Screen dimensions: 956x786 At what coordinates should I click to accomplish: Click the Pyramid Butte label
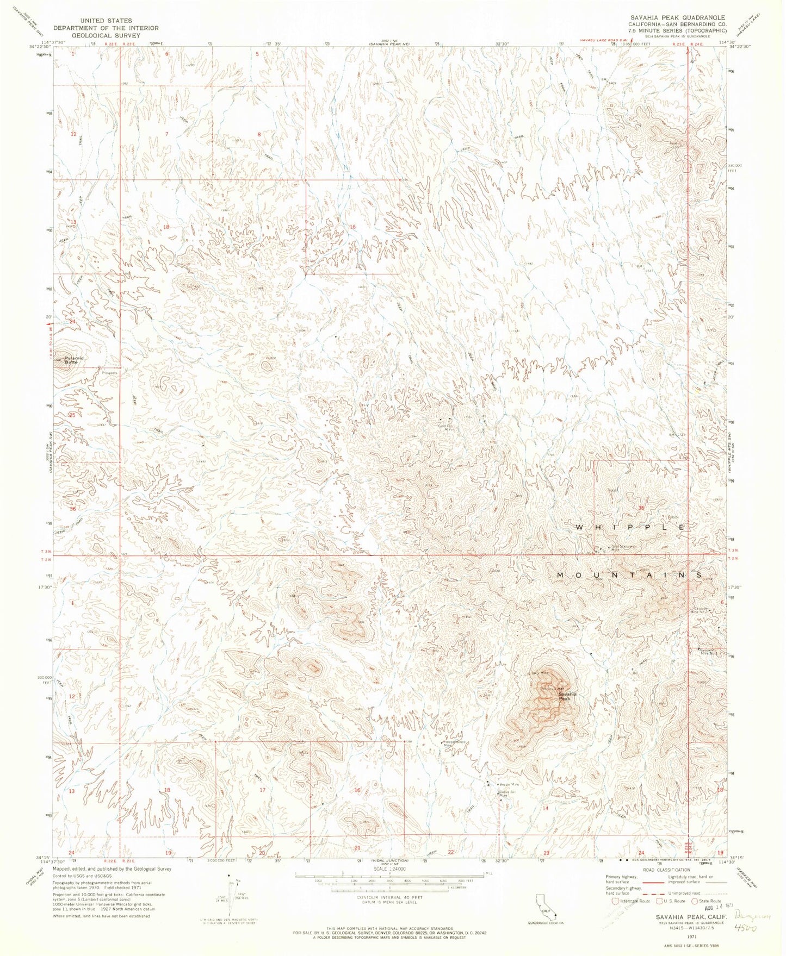pos(75,360)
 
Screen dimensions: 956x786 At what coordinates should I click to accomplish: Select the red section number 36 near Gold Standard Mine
pos(641,508)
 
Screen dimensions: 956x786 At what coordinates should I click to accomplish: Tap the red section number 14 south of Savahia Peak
pos(546,808)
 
